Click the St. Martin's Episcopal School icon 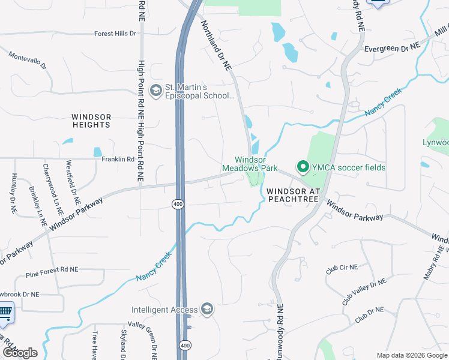[x=155, y=90]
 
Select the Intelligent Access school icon [x=206, y=309]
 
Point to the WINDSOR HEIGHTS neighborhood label [x=91, y=120]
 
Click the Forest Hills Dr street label [x=115, y=34]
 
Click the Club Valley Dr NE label [x=364, y=290]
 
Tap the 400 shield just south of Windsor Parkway [x=179, y=205]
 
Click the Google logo [x=20, y=353]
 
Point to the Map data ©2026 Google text [x=411, y=355]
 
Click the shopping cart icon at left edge [x=5, y=312]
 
